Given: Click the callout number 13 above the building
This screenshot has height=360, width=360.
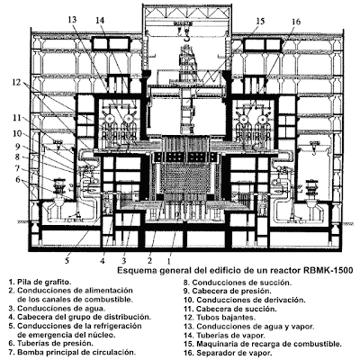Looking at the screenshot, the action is [72, 20].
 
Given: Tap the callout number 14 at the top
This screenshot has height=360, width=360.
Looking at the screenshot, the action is [100, 21].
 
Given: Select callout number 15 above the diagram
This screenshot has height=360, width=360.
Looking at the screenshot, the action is [260, 22].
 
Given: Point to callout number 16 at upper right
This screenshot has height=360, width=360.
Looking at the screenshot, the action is [295, 22].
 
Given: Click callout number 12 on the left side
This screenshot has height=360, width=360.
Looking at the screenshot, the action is [17, 82].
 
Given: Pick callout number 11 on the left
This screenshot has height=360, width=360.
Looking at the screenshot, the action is [17, 118].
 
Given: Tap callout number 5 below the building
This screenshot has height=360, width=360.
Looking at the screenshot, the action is [67, 260].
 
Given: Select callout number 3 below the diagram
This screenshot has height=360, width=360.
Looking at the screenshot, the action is [123, 260].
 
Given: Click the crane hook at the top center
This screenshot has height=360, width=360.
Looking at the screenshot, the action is [186, 38].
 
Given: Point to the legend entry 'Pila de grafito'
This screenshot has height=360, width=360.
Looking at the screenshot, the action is [40, 282].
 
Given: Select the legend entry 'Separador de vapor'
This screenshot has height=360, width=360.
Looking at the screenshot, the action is [229, 353].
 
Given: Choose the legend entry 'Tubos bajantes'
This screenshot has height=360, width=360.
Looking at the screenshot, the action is [220, 318].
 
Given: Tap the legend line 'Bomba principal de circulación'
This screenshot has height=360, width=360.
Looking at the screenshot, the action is [72, 352].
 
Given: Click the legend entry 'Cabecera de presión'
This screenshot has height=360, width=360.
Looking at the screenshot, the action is [228, 291].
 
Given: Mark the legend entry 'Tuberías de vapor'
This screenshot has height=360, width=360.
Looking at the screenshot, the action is [224, 336].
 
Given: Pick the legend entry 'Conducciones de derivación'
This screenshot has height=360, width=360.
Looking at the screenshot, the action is [245, 300].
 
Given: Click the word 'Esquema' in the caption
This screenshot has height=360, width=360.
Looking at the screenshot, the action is [133, 271].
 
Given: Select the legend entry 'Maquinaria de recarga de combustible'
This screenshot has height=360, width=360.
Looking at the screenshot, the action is [263, 344].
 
